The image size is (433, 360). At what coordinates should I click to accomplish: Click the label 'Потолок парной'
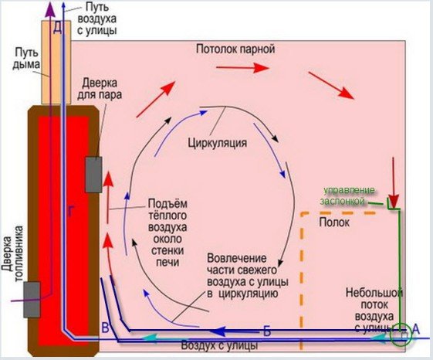pyautogui.click(x=235, y=49)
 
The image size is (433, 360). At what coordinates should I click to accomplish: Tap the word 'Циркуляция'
pyautogui.click(x=218, y=143)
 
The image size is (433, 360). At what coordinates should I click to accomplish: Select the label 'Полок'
pyautogui.click(x=334, y=222)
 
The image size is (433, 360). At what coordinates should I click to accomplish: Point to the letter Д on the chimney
pyautogui.click(x=57, y=28)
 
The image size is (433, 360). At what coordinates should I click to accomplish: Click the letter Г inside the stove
pyautogui.click(x=70, y=212)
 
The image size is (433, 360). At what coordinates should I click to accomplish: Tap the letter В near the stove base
pyautogui.click(x=106, y=328)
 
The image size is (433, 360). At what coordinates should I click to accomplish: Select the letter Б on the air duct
pyautogui.click(x=267, y=331)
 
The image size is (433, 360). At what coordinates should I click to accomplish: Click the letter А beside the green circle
pyautogui.click(x=415, y=329)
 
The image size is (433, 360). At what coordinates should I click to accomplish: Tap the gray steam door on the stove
pyautogui.click(x=93, y=175)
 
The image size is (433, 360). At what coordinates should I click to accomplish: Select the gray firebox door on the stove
pyautogui.click(x=32, y=300)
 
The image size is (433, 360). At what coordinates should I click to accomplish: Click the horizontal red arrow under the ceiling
pyautogui.click(x=242, y=68)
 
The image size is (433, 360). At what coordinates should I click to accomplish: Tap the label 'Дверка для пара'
pyautogui.click(x=100, y=89)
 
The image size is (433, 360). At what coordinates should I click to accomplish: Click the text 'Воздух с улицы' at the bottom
pyautogui.click(x=219, y=346)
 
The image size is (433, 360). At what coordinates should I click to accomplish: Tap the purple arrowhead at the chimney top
pyautogui.click(x=50, y=8)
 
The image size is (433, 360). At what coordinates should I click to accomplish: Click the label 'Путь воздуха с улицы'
pyautogui.click(x=96, y=18)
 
